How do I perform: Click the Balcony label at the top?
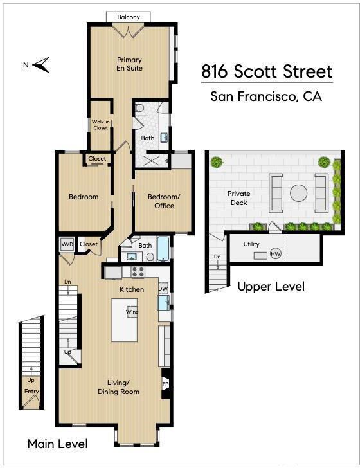coord(129,17)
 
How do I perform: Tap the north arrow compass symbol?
coord(41,65)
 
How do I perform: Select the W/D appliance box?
coord(67,244)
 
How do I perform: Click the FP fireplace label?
coord(165,384)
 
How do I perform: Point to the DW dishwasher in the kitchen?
coord(163,289)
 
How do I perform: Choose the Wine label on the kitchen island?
coord(132,312)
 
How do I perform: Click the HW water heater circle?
coord(276,254)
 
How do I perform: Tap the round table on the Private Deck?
coord(298,193)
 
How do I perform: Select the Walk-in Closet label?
coord(100,125)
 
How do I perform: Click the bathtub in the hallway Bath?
coord(163,249)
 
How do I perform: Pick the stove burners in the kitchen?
coord(138,271)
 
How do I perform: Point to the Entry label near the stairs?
coord(32,392)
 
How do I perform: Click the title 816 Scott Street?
coord(267,71)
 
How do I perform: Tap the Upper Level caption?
coord(271,287)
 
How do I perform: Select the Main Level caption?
coord(58,444)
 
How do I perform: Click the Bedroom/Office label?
coord(164,201)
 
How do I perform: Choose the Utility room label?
coord(251,244)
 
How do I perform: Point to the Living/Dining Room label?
coord(118,387)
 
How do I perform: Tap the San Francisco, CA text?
coord(266,96)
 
